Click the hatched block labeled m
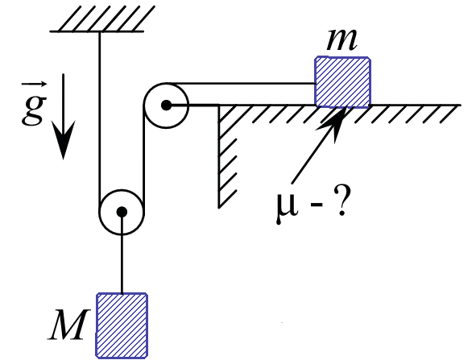tap(343, 81)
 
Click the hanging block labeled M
tap(122, 325)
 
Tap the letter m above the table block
tap(341, 41)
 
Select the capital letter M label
tap(69, 325)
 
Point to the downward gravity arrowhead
tap(63, 139)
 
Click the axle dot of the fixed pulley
tap(166, 106)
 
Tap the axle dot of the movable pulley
tap(122, 212)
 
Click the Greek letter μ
tap(286, 205)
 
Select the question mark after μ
tap(341, 201)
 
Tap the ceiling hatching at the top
tap(102, 19)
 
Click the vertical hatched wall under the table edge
tap(227, 156)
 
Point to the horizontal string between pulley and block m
tap(240, 83)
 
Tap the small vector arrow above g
tap(34, 84)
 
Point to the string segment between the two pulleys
tap(143, 159)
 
